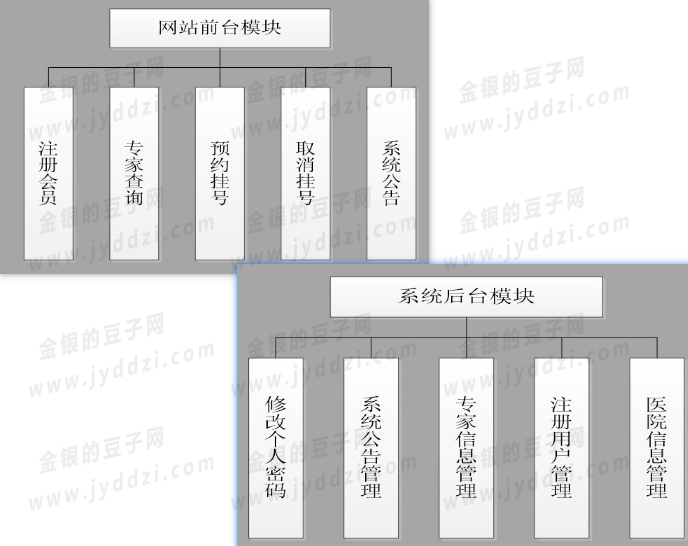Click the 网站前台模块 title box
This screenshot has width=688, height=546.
219,28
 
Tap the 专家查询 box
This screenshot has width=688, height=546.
134,172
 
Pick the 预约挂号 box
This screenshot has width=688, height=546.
220,172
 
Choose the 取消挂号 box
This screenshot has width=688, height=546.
305,172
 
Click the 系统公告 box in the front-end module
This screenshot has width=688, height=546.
391,172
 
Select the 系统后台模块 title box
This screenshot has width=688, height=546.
467,297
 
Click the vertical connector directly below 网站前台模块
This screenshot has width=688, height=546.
219,58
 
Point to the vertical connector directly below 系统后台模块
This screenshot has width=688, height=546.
467,327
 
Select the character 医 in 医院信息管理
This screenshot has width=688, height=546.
657,405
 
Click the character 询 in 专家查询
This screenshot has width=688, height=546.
134,197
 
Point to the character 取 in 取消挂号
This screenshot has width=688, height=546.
305,147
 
